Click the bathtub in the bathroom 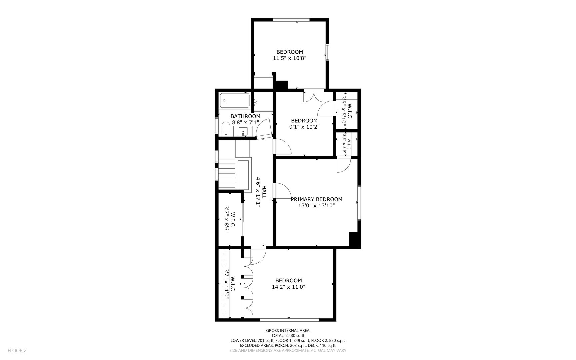click(x=235, y=100)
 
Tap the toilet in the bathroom click(x=226, y=129)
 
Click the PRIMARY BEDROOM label click(x=316, y=199)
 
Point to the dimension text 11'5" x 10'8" click(x=289, y=58)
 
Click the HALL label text click(x=264, y=192)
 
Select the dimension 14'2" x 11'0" click(x=289, y=287)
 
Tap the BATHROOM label click(x=245, y=116)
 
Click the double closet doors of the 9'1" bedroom click(x=314, y=97)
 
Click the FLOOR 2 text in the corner click(x=17, y=350)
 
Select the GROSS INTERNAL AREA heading click(x=287, y=331)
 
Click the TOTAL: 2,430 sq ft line click(x=287, y=336)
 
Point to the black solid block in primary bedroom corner click(x=354, y=240)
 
